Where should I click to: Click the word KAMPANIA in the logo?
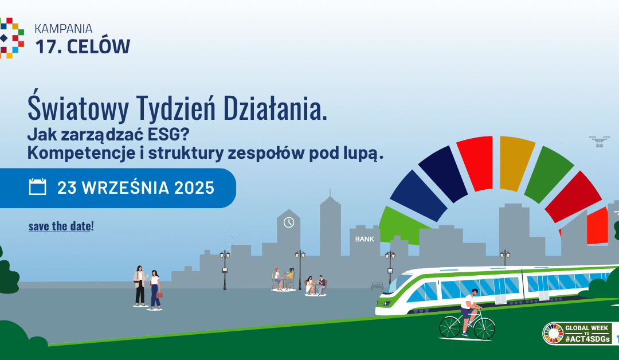pos(63,28)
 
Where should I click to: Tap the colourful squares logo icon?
pos(11,38)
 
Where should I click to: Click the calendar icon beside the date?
pos(37,187)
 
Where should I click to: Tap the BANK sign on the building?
pos(365,239)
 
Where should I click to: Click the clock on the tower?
pos(289,222)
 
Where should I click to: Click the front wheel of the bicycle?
pos(484,328)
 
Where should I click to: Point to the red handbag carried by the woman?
pos(159,295)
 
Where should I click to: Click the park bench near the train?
pos(377,285)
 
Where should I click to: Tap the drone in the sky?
pos(600,139)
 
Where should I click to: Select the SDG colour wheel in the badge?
pos(554,334)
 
